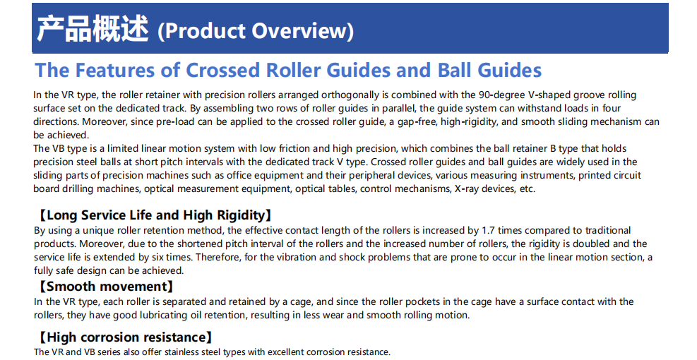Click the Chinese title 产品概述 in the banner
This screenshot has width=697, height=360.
(x=93, y=29)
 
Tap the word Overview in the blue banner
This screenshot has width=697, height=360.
(x=303, y=30)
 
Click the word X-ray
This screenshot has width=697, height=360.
(x=466, y=189)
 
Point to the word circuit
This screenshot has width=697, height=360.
(x=626, y=175)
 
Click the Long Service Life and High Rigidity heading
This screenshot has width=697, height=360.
(x=154, y=215)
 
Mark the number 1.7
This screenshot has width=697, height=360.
(x=488, y=230)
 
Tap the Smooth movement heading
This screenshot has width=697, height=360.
(x=105, y=287)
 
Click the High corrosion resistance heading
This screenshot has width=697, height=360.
(x=124, y=337)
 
